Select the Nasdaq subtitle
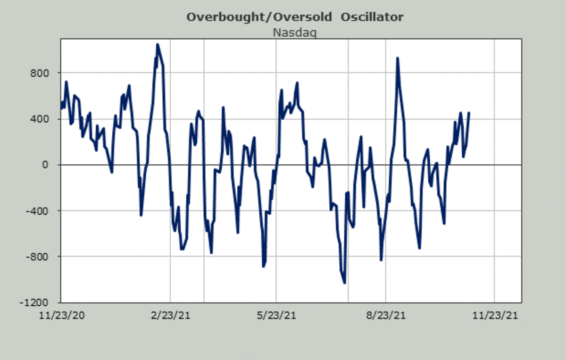(x=295, y=33)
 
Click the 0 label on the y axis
(x=46, y=165)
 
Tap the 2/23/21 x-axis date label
(x=170, y=315)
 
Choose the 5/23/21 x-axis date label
(x=276, y=315)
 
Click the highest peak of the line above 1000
(x=158, y=45)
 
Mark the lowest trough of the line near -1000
(x=345, y=283)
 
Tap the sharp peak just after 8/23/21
(x=398, y=59)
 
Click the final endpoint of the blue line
(x=469, y=113)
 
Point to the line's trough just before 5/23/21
(x=264, y=266)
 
